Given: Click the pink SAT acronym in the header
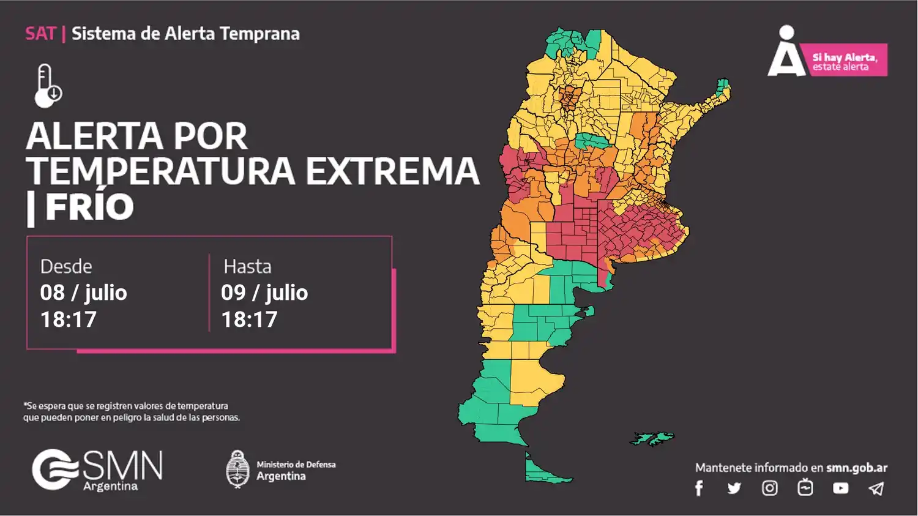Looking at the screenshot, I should tap(40, 34).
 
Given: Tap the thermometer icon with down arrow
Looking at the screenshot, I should tap(48, 86).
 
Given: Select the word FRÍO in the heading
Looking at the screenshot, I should tap(89, 207).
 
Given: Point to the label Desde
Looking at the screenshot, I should tap(66, 266).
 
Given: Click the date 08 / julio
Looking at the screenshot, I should tap(83, 293).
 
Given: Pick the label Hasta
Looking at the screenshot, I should tap(247, 266).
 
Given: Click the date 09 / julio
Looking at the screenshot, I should tap(264, 293).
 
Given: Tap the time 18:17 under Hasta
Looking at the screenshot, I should tap(249, 320).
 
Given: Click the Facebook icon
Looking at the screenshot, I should tap(699, 488).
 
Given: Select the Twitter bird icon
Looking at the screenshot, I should tap(734, 488).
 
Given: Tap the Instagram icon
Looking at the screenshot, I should tap(769, 488).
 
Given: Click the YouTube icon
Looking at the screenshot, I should tap(840, 488).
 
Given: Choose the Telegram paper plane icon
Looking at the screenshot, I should tap(876, 488).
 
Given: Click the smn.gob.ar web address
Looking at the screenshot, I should tap(856, 468).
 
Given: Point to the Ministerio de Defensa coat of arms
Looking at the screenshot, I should tap(237, 469).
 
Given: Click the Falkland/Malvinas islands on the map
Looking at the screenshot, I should tap(652, 438).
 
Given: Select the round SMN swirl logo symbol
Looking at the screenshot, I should tap(54, 469).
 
